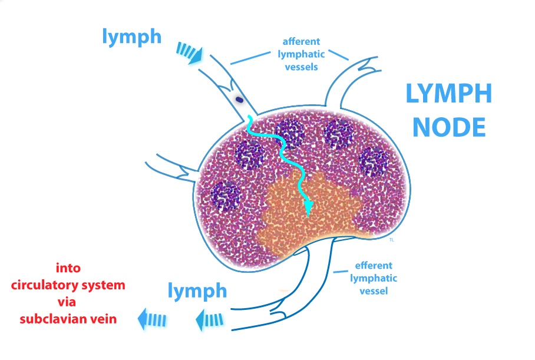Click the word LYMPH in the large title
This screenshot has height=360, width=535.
pos(449,95)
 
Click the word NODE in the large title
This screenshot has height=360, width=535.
pos(449,127)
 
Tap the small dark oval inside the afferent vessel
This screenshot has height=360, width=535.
pos(239,100)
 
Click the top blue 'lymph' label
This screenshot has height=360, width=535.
pos(131,37)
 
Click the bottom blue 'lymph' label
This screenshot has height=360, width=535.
pos(197,290)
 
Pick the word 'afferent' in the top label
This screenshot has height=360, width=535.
pos(301,42)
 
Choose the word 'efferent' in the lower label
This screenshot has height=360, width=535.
pos(373,266)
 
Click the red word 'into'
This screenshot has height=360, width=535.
pos(68,268)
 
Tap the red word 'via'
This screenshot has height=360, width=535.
pos(68,302)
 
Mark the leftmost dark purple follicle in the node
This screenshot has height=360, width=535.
pos(223,196)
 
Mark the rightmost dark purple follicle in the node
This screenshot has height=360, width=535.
pos(374,160)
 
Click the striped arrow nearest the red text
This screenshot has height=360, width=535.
pos(151,319)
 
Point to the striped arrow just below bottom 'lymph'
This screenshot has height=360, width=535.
pos(210,319)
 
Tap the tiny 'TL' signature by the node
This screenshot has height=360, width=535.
pos(391,240)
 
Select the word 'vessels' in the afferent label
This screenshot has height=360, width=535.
pos(300,67)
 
